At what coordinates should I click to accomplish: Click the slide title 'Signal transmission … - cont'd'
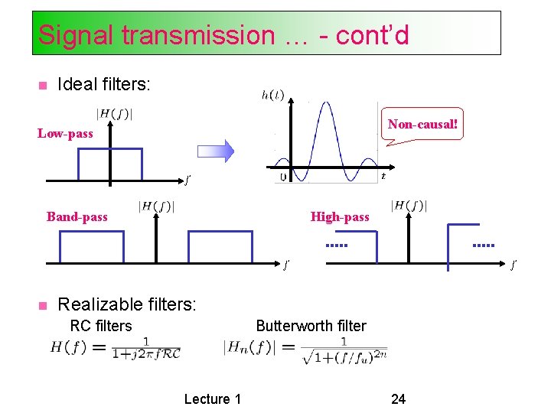tap(223, 34)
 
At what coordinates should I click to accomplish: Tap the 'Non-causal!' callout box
tap(422, 124)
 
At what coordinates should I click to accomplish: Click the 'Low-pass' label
tap(66, 134)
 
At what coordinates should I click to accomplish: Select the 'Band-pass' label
tap(77, 216)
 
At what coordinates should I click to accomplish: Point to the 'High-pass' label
tap(340, 217)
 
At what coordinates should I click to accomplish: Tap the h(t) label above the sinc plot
tap(272, 95)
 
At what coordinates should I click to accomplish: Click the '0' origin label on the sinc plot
tap(282, 177)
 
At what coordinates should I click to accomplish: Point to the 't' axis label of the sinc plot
tap(383, 176)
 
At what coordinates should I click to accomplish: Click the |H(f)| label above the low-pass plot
tap(114, 115)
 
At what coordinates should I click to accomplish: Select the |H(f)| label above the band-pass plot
tap(156, 206)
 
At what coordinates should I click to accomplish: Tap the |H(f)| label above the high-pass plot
tap(409, 205)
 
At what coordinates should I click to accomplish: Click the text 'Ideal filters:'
tap(104, 84)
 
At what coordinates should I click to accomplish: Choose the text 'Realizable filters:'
tap(127, 304)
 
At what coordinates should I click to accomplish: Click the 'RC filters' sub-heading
tap(101, 326)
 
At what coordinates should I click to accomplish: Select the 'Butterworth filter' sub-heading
tap(311, 326)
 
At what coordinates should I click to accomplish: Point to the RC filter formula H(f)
tap(116, 348)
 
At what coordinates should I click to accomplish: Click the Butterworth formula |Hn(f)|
tap(305, 350)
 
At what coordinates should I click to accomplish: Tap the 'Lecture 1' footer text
tap(213, 398)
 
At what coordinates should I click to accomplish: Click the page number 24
tap(398, 398)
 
